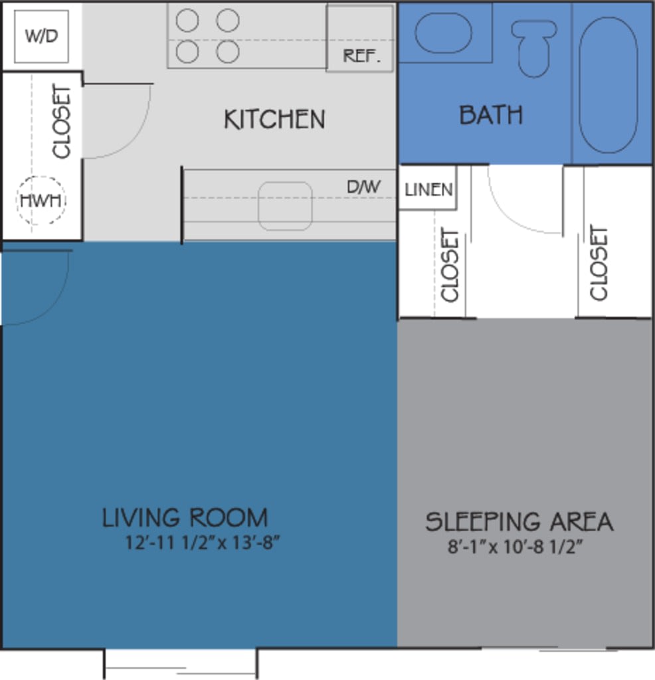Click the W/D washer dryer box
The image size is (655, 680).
click(x=41, y=36)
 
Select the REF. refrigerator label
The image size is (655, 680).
click(x=362, y=56)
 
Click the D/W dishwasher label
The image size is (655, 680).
click(x=363, y=187)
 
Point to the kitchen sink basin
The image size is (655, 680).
click(x=285, y=206)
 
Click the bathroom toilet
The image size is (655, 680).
click(x=534, y=47)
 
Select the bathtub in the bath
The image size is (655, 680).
click(x=608, y=85)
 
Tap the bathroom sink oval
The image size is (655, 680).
click(x=443, y=32)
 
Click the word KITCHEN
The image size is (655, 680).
click(x=274, y=120)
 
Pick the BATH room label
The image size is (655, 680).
click(x=491, y=116)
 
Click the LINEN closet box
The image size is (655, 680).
click(x=428, y=190)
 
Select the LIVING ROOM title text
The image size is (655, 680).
click(x=185, y=518)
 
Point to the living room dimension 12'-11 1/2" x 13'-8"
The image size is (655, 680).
click(x=202, y=543)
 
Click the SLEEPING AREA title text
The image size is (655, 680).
click(x=519, y=522)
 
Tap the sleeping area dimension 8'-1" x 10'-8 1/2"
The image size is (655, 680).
click(x=519, y=548)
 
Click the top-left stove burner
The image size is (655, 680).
click(x=187, y=21)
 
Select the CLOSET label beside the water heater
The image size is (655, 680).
click(x=62, y=122)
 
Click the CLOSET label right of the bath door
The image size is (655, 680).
click(x=599, y=263)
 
